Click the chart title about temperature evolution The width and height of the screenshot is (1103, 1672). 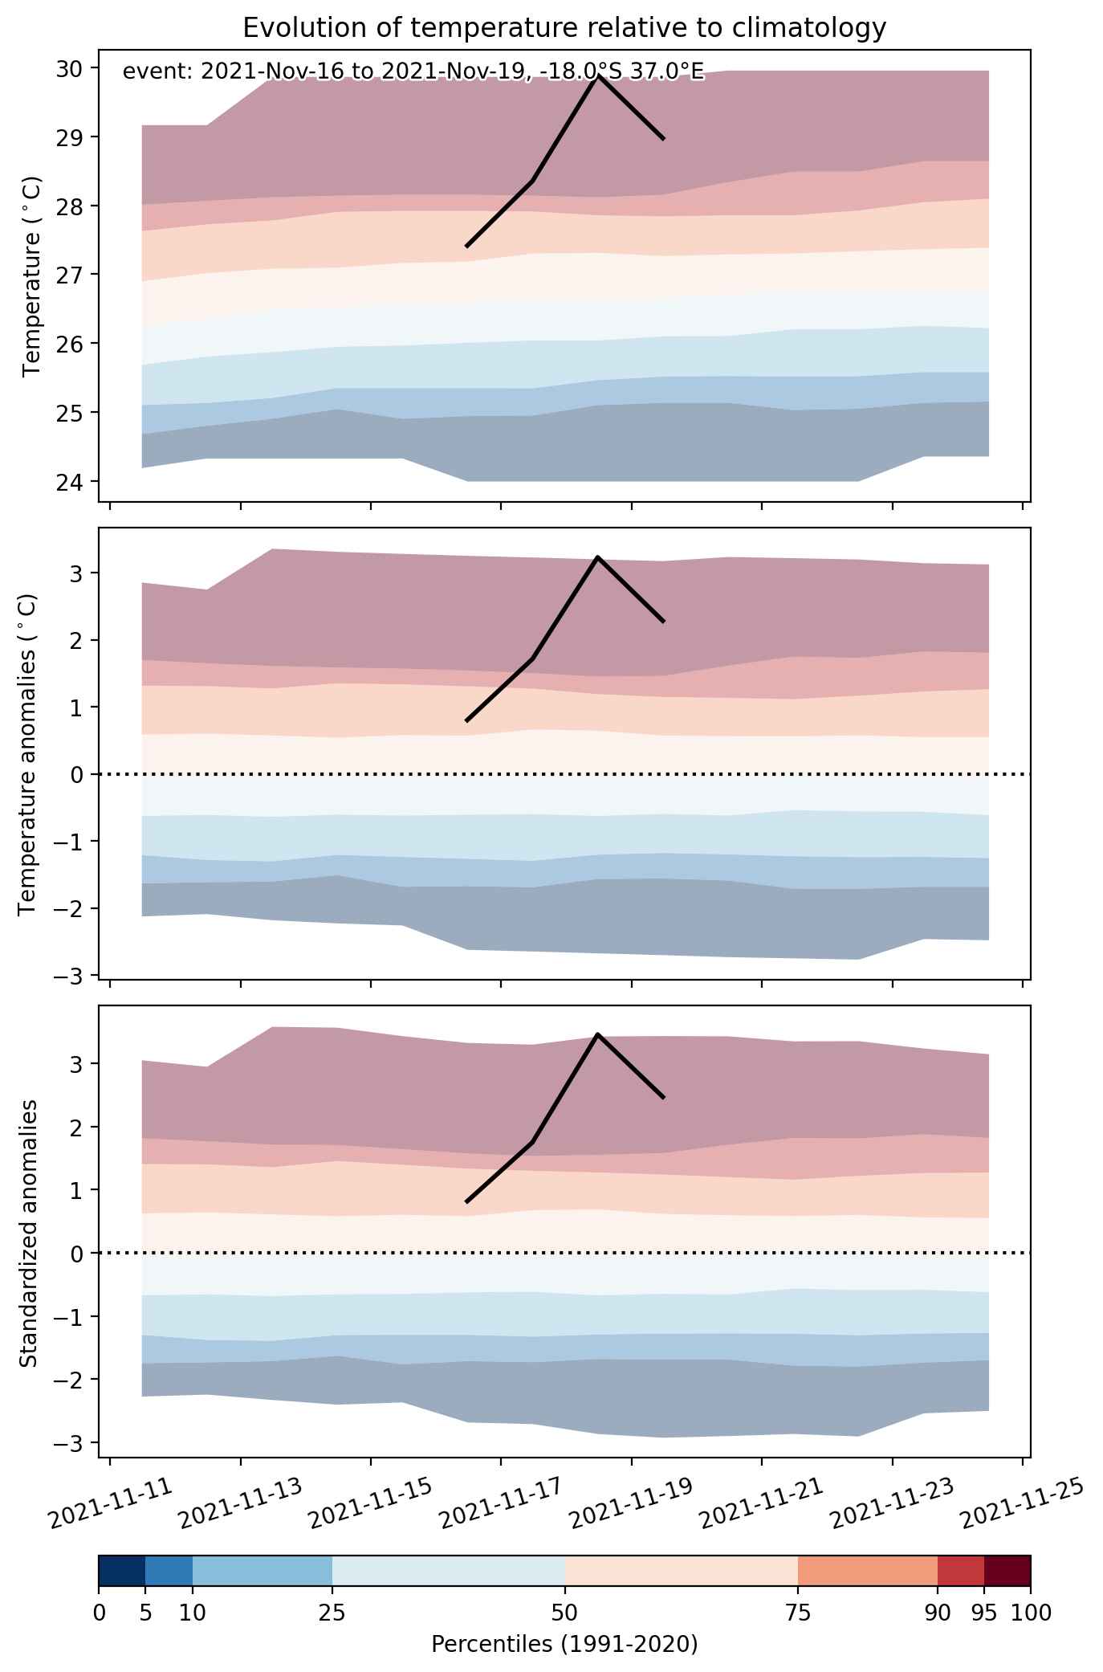pos(564,28)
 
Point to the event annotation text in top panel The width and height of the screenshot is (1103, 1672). pos(413,72)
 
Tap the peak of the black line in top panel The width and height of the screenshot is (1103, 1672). pos(598,75)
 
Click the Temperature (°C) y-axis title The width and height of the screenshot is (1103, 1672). pos(32,275)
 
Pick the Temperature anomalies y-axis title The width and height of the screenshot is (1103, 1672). pos(28,754)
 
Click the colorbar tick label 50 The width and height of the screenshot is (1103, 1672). pos(564,1612)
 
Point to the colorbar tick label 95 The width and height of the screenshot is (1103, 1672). pos(984,1612)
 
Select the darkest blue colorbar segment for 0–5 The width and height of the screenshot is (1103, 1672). pos(122,1571)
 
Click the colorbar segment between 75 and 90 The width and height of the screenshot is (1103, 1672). pos(868,1571)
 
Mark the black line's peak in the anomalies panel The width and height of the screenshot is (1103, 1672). pos(598,557)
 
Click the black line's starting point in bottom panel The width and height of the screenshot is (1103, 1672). pos(466,1202)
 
